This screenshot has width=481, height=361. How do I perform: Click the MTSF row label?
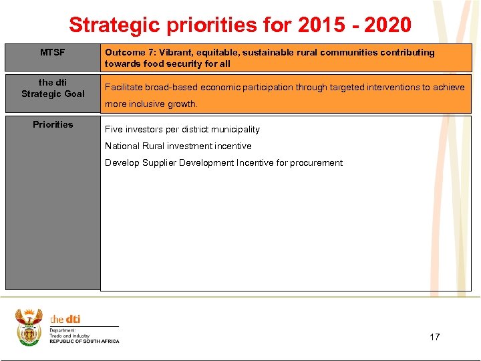pyautogui.click(x=53, y=52)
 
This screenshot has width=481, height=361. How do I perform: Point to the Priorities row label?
pyautogui.click(x=53, y=124)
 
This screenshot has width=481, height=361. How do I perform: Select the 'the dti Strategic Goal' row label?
pyautogui.click(x=53, y=88)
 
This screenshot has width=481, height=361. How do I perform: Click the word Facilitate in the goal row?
pyautogui.click(x=124, y=87)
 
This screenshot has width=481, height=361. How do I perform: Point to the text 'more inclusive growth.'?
pyautogui.click(x=151, y=104)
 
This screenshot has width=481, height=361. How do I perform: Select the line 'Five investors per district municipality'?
pyautogui.click(x=182, y=129)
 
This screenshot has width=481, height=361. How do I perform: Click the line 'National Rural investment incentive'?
pyautogui.click(x=178, y=146)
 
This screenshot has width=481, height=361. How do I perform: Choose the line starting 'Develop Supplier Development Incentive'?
pyautogui.click(x=223, y=162)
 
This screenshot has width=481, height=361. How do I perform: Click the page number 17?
pyautogui.click(x=434, y=336)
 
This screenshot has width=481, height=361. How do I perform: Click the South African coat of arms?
pyautogui.click(x=29, y=326)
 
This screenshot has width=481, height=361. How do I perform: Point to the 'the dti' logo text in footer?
pyautogui.click(x=65, y=319)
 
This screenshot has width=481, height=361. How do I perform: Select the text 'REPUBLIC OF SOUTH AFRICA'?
pyautogui.click(x=84, y=342)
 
